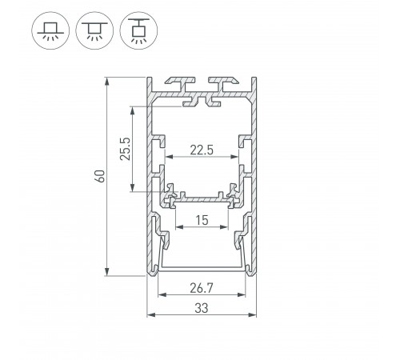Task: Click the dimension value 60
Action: click(98, 176)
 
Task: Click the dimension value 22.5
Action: click(202, 149)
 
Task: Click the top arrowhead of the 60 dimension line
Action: click(108, 81)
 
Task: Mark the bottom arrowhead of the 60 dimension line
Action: click(108, 273)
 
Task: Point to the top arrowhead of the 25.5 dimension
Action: click(134, 108)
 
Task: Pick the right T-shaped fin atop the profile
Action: click(223, 82)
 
